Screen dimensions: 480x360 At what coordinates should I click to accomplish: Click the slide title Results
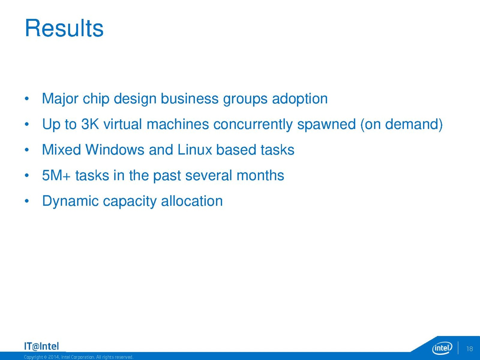coord(64,28)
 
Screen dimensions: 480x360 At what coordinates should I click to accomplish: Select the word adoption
coord(300,99)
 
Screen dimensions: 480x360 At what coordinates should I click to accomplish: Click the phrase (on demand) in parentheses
coord(401,124)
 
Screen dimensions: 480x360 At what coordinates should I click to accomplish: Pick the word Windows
coord(115,150)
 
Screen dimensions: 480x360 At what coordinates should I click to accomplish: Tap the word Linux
coord(195,150)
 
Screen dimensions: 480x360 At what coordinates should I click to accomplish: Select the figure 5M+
coord(56,175)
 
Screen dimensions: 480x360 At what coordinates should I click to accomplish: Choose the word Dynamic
coord(70,201)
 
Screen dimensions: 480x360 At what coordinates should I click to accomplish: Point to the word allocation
coord(192,201)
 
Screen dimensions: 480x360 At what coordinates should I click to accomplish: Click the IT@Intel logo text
coord(41,346)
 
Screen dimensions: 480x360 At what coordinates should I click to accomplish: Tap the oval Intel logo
coord(442,348)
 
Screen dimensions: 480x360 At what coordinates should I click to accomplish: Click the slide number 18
coord(469,349)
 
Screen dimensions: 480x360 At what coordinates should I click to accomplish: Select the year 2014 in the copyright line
coord(53,357)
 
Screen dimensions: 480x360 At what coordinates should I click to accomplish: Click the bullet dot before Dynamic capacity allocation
coord(27,201)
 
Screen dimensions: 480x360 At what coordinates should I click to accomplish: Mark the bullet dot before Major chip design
coord(27,99)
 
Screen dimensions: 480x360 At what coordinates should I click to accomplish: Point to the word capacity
coord(130,201)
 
